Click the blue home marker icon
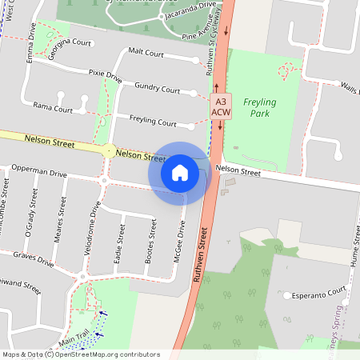click(180, 172)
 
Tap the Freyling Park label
click(260, 107)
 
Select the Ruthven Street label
click(203, 255)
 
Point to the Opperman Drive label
click(37, 172)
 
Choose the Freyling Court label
click(152, 123)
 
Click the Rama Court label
click(53, 106)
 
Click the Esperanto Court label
click(318, 292)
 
